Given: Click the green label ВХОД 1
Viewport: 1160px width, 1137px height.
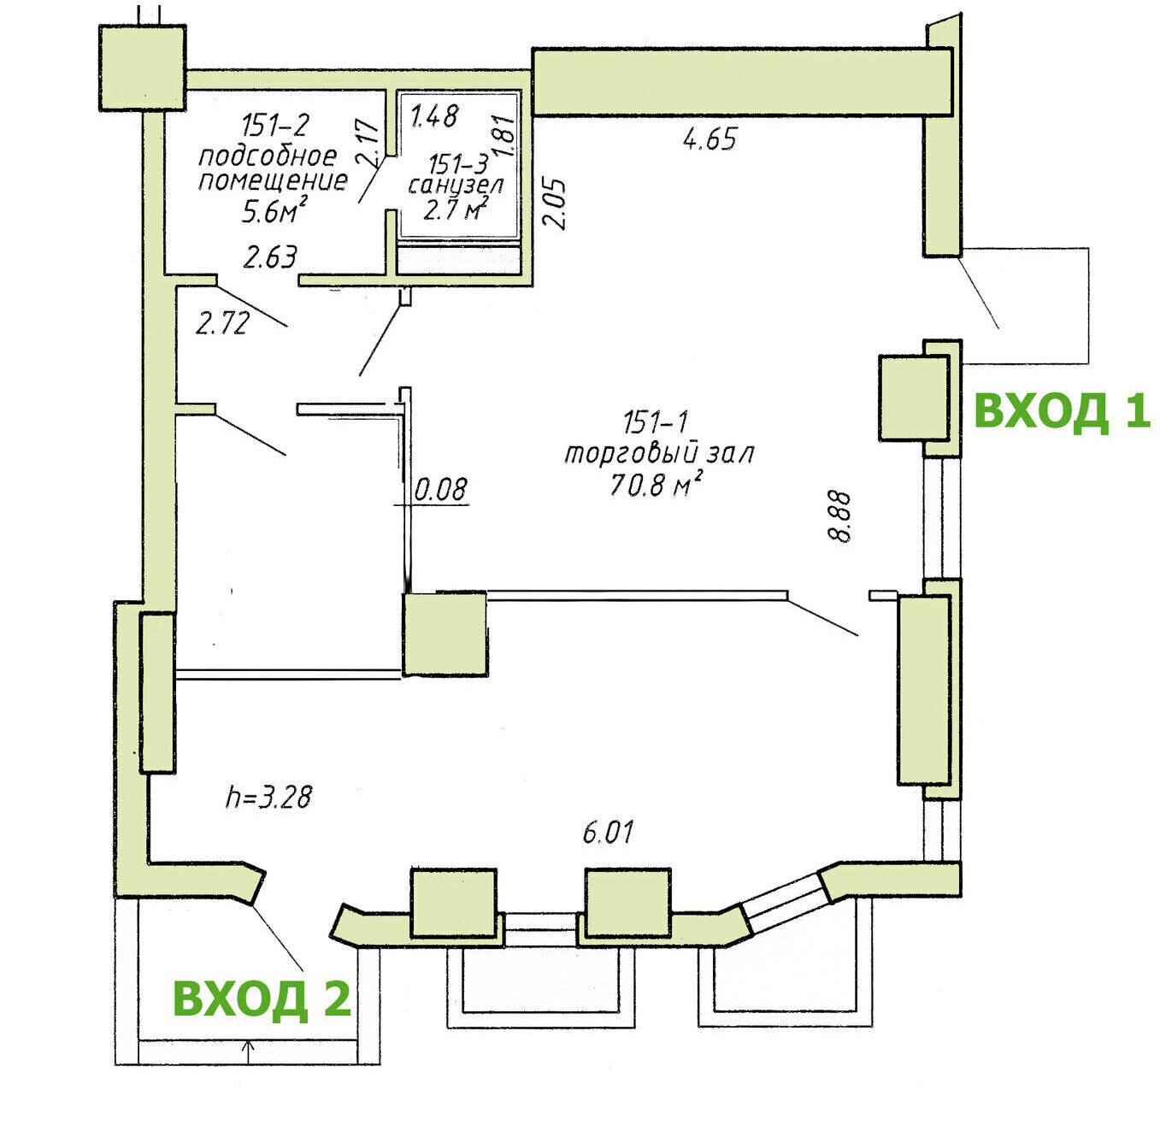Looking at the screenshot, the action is tap(1062, 412).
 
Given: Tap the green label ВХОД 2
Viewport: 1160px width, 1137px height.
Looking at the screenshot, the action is tap(262, 999).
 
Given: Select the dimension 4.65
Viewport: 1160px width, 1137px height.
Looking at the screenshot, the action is tap(710, 139).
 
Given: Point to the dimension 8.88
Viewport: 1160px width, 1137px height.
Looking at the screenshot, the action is tap(839, 516).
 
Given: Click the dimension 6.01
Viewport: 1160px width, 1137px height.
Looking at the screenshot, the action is tap(608, 833).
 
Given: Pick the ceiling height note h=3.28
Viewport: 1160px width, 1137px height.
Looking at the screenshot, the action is tap(268, 798).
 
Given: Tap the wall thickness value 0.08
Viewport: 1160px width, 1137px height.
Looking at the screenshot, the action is tap(440, 489).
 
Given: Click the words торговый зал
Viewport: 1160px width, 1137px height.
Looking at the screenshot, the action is tap(659, 453).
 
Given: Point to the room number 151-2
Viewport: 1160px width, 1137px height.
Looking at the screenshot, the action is tap(275, 126).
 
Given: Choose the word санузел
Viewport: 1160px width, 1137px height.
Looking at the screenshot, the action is tap(455, 186).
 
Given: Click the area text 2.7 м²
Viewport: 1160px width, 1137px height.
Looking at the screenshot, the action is tap(455, 209).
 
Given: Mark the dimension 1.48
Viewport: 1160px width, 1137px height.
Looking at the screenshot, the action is tap(434, 115).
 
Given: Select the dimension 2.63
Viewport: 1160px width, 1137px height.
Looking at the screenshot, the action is tap(270, 258).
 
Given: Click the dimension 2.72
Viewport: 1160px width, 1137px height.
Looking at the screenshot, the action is tap(222, 324).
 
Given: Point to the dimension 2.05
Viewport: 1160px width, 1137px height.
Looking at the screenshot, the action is tap(555, 203).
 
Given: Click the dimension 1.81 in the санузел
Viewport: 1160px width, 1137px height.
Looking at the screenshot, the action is tap(506, 137).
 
